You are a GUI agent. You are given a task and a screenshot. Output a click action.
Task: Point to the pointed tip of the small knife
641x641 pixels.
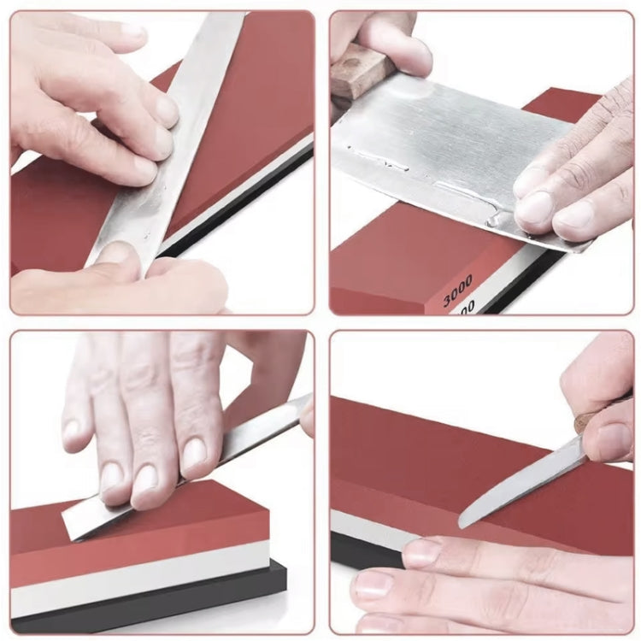coord(462,523)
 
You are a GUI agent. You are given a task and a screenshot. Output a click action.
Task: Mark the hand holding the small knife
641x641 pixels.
coord(607,410)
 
